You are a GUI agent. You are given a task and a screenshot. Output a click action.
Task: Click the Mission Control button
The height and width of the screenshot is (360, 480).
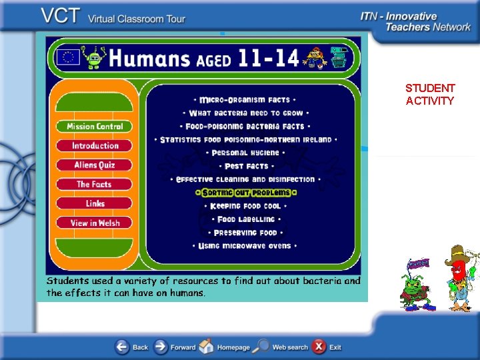[x=94, y=127]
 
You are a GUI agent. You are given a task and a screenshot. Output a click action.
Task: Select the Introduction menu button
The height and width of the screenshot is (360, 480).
[x=94, y=146]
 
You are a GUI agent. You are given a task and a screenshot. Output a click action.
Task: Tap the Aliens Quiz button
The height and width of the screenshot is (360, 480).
[x=94, y=165]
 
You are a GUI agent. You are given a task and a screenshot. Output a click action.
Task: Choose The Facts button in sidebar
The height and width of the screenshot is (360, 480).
[x=94, y=185]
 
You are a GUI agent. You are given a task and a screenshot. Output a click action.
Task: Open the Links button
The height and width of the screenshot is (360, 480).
[x=94, y=204]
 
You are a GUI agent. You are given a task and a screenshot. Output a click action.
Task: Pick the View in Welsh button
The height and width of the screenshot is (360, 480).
[x=94, y=223]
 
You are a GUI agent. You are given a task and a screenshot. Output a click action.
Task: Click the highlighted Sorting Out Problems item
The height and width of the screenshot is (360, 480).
[x=246, y=193]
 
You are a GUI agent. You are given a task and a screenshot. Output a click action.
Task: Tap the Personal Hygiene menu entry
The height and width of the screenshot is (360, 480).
[x=245, y=153]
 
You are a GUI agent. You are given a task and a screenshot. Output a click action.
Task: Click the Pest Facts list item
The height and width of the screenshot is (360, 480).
[x=246, y=167]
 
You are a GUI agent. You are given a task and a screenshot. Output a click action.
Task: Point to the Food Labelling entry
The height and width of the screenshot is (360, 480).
[x=246, y=219]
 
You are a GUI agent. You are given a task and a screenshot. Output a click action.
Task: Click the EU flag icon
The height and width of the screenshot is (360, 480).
[x=67, y=57]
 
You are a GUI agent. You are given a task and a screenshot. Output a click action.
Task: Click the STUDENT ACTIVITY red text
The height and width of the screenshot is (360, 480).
[x=430, y=95]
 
